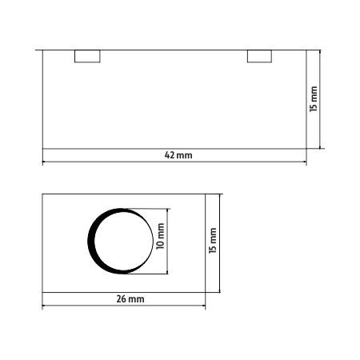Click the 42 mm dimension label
tap(178, 155)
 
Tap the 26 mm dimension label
tap(130, 299)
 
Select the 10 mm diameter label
tap(160, 236)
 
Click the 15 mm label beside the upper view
tap(314, 98)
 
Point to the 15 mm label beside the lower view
tap(213, 240)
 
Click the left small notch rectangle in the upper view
tap(87, 56)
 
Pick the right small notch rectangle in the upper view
tap(259, 56)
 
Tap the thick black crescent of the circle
tap(92, 241)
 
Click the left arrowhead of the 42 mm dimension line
tap(44, 162)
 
